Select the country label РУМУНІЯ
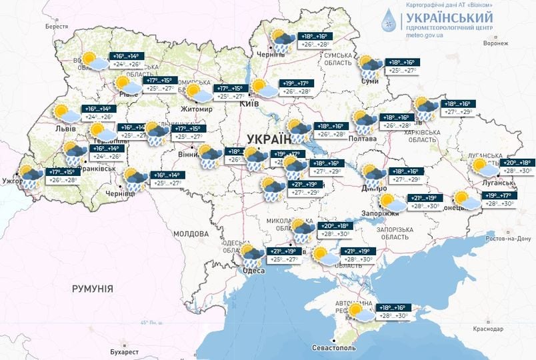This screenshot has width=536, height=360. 93,289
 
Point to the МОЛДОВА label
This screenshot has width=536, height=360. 191,234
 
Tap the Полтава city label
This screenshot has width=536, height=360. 363,138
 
